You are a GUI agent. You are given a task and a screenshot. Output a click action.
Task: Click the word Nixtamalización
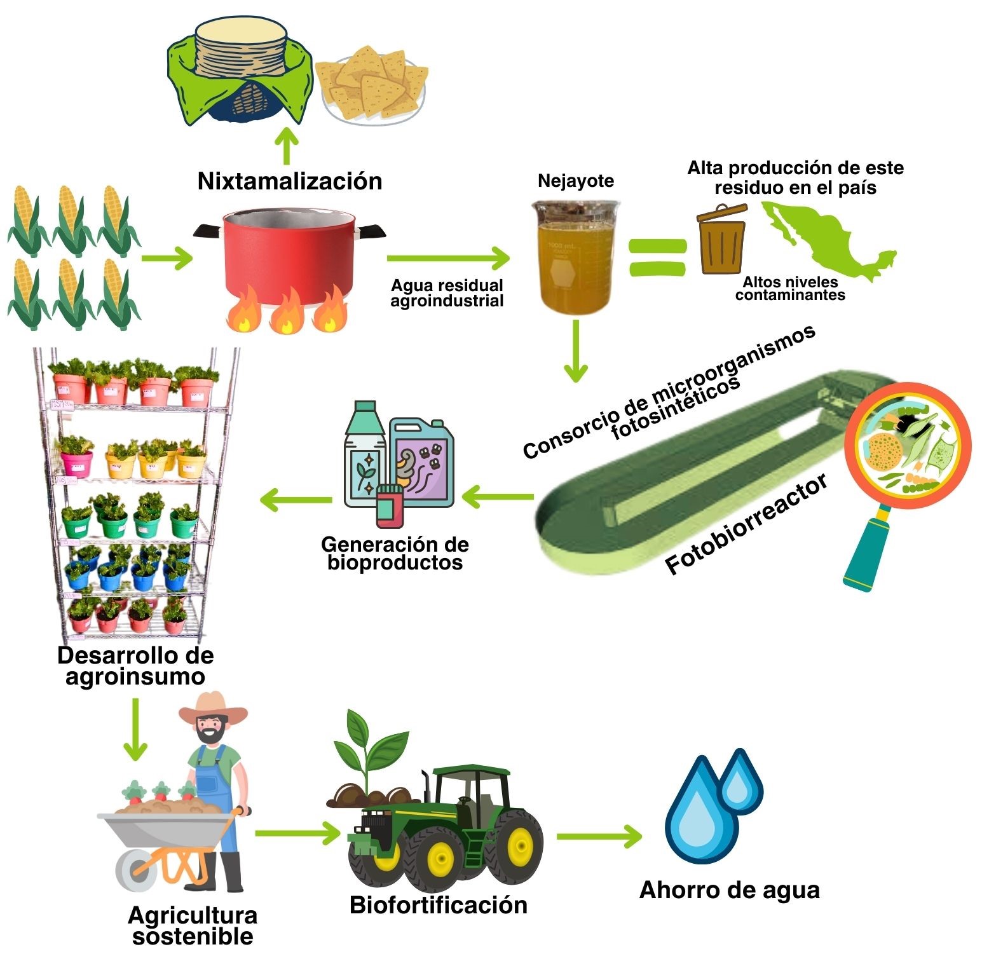pyautogui.click(x=290, y=181)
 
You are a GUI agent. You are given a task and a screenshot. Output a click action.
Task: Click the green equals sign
pyautogui.click(x=658, y=257)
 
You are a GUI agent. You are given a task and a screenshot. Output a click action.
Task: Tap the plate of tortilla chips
pyautogui.click(x=372, y=86)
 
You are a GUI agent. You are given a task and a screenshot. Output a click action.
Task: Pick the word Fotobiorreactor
pyautogui.click(x=747, y=524)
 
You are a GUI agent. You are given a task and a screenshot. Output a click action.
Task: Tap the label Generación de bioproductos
pyautogui.click(x=395, y=553)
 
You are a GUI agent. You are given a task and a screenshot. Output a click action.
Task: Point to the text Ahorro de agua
pyautogui.click(x=729, y=890)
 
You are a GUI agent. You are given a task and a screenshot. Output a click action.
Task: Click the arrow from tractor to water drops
pyautogui.click(x=598, y=836)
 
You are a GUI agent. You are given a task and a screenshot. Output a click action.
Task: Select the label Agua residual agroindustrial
pyautogui.click(x=447, y=293)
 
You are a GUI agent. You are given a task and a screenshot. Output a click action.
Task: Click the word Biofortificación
pyautogui.click(x=439, y=904)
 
